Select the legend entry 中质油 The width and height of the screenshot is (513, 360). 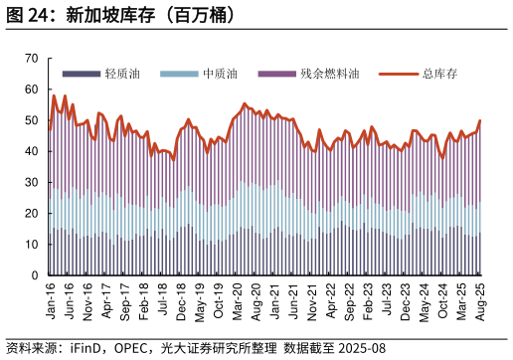coord(220,74)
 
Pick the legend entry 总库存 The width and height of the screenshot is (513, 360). coord(439,74)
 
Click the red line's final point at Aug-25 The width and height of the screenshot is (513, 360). coord(480,121)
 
